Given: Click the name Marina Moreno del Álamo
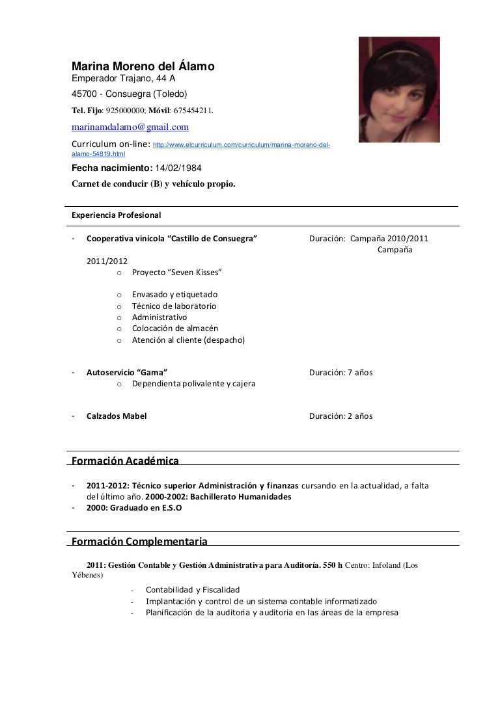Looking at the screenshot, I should [x=142, y=66].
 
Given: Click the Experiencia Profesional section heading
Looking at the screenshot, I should [x=117, y=214].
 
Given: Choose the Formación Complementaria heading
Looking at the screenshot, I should [x=139, y=540].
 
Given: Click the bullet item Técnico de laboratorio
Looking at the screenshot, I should [x=174, y=306].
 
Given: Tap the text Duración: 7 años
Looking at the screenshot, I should [x=340, y=373].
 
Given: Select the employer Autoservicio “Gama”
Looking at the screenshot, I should [x=126, y=373].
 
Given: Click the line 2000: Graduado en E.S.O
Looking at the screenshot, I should [x=134, y=508].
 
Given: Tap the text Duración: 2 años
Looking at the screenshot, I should [x=340, y=416].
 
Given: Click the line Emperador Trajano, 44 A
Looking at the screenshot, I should [x=123, y=79].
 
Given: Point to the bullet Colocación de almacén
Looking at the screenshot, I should [x=174, y=328].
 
